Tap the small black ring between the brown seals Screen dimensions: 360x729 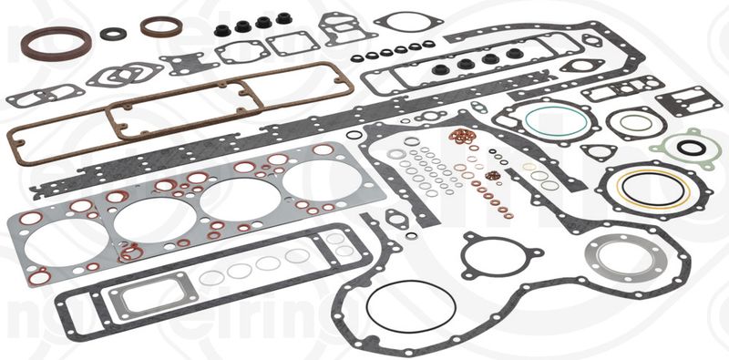114,35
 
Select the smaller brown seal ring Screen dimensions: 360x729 161,26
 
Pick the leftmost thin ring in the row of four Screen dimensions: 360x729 210,277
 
